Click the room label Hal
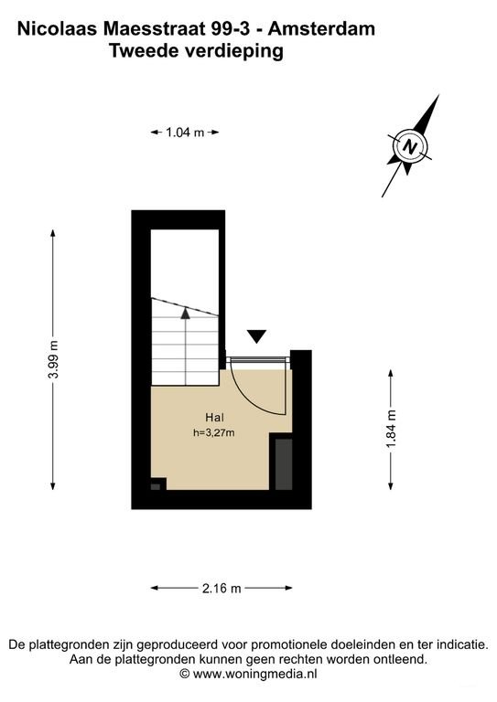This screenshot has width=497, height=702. click(x=214, y=418)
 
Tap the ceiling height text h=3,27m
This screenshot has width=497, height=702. click(x=214, y=433)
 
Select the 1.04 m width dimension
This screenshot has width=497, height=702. click(x=185, y=133)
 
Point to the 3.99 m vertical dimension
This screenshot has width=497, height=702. click(x=53, y=359)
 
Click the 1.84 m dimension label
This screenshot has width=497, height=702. click(x=391, y=429)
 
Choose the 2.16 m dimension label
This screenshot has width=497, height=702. click(x=221, y=588)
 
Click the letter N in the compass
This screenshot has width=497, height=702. click(x=409, y=146)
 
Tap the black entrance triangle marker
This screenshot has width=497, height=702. click(x=257, y=336)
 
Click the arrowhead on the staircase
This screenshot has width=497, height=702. click(x=185, y=313)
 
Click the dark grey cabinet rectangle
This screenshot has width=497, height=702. click(x=284, y=463)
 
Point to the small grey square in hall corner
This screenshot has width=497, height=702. click(x=156, y=486)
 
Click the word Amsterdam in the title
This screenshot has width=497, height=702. click(x=321, y=29)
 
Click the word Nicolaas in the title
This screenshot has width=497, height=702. click(x=58, y=29)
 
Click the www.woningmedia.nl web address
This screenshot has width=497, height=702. click(x=255, y=673)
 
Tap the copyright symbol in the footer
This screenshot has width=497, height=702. click(x=185, y=674)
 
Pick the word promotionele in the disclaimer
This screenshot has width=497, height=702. click(x=289, y=645)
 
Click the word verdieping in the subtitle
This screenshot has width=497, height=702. click(x=233, y=51)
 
